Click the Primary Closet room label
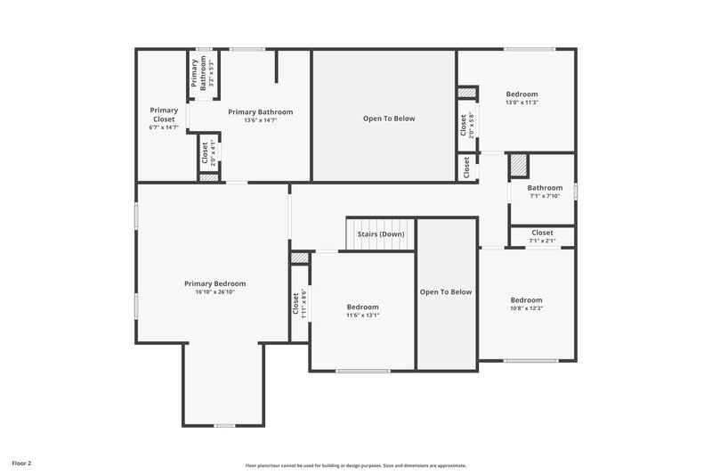click(x=163, y=114)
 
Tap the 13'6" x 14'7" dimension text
click(x=260, y=120)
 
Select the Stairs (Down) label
click(x=381, y=234)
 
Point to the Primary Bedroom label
click(x=214, y=283)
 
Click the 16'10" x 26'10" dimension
click(x=214, y=292)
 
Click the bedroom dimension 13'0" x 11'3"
click(x=522, y=102)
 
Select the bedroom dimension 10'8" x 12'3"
click(x=526, y=309)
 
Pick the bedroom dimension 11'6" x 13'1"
click(x=362, y=315)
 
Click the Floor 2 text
click(x=21, y=463)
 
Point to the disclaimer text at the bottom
click(x=356, y=465)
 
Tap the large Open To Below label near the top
click(x=389, y=119)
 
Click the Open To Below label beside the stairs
click(x=446, y=291)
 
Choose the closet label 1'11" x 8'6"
click(x=300, y=305)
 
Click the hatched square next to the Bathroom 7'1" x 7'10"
click(x=518, y=166)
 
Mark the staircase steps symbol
click(x=381, y=227)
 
